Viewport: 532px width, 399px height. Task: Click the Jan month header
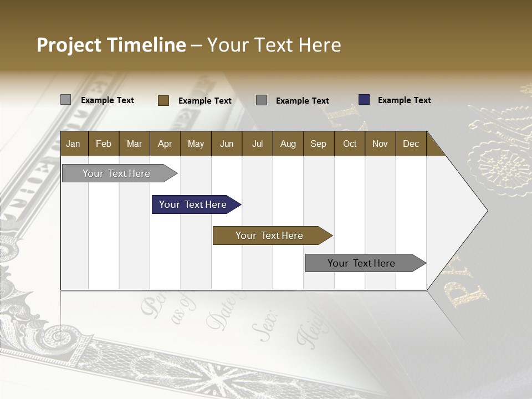point(74,144)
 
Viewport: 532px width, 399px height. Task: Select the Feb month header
point(104,144)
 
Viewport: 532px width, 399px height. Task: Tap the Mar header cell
point(134,144)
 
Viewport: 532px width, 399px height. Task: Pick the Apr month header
point(165,144)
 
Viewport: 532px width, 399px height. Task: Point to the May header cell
point(196,144)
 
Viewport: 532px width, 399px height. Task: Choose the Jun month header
point(227,144)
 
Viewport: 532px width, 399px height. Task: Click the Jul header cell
point(257,144)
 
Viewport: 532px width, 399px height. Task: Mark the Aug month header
point(288,144)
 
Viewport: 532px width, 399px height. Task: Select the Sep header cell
point(319,144)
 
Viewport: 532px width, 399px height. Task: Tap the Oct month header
point(350,144)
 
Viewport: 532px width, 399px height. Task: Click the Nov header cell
point(380,144)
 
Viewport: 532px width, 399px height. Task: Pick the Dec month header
point(411,144)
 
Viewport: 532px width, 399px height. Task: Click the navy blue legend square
point(364,100)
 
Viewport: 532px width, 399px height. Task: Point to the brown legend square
point(163,100)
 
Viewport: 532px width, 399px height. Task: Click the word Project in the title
point(70,45)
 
